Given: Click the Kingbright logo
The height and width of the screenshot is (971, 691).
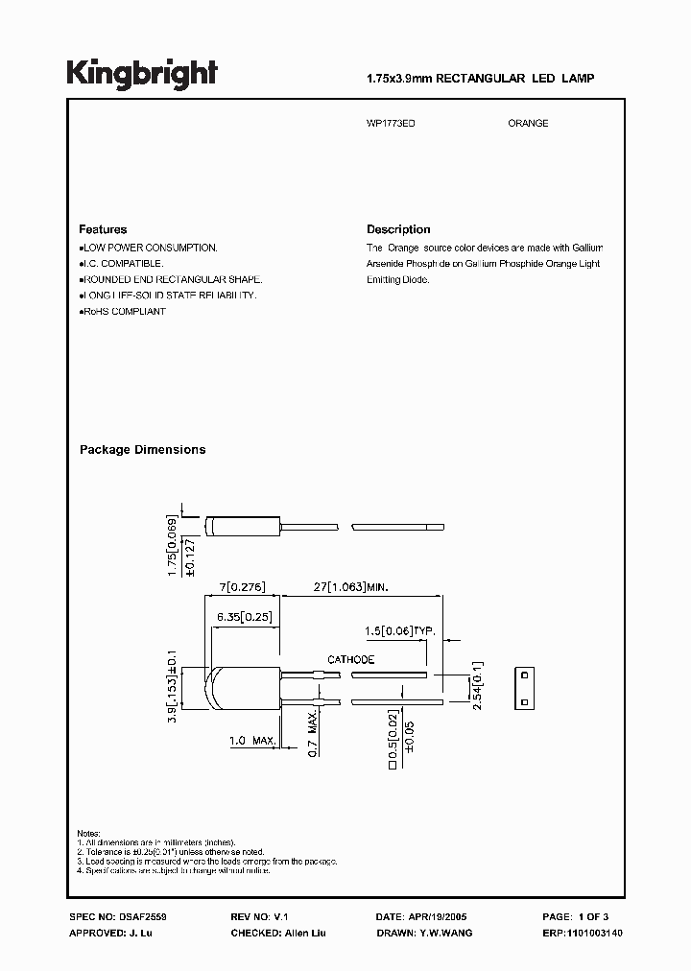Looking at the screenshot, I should [141, 74].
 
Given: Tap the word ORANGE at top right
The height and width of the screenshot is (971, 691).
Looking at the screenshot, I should [528, 124].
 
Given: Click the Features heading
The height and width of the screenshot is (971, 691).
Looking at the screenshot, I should [103, 230].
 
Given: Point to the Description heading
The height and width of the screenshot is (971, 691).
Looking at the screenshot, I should [398, 230].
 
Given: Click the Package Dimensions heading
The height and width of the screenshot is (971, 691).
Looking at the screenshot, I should [142, 450].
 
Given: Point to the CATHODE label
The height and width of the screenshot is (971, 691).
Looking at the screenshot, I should [351, 661].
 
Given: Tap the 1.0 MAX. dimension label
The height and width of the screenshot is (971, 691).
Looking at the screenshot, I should [252, 742].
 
